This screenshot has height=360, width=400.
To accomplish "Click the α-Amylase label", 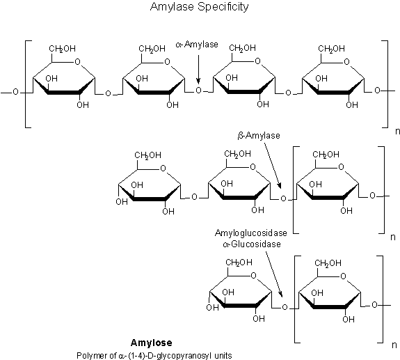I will pos(199,44).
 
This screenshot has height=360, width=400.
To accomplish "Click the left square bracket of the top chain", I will pos(26,84).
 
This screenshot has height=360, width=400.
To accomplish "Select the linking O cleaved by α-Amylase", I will pos(199,91).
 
